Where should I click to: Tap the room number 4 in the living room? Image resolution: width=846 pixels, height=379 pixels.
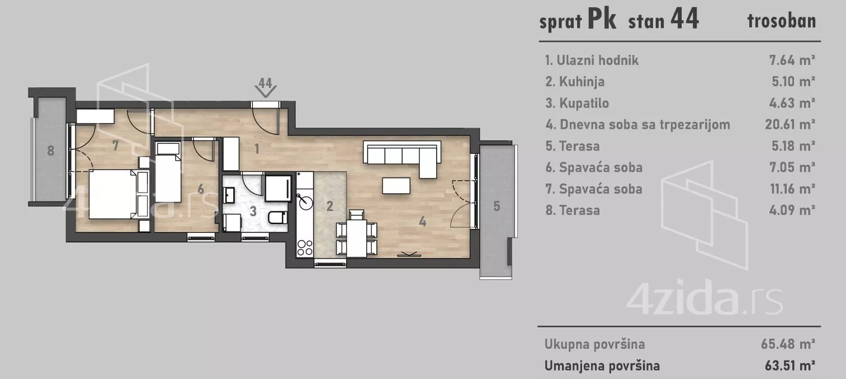tap(423, 222)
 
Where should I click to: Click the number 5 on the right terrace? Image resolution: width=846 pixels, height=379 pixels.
tap(497, 206)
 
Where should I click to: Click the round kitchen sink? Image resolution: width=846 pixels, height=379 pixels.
tap(305, 200)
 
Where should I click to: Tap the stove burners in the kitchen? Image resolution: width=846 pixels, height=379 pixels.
tap(305, 247)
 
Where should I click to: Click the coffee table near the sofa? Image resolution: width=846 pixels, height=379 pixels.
tap(396, 185)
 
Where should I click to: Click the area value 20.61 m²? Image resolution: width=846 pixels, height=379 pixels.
tap(790, 124)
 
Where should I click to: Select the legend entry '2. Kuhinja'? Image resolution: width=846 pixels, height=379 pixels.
tap(574, 82)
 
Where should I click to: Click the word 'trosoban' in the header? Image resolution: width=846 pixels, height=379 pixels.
tap(781, 21)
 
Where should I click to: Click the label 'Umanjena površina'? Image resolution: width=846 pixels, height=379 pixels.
tap(602, 366)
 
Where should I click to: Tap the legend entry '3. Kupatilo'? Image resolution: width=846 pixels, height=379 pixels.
tap(576, 103)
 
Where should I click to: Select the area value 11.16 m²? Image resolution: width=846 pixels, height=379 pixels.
tap(790, 189)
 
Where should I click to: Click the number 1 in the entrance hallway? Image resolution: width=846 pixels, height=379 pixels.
tap(257, 149)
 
